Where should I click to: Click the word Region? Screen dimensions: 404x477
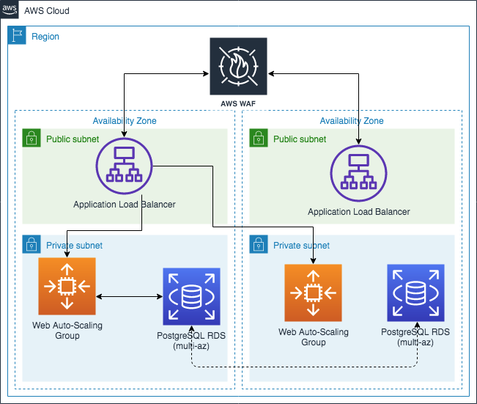tap(45, 36)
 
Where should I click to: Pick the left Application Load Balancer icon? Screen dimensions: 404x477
tap(124, 166)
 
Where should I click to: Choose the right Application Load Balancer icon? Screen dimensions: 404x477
tap(358, 175)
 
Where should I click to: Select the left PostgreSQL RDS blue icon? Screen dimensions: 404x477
tap(191, 295)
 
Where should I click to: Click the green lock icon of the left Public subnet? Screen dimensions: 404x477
tap(32, 138)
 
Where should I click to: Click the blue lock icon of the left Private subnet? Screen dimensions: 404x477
tap(32, 244)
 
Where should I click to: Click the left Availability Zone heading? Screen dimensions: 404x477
tap(125, 121)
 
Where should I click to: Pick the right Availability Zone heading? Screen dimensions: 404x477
tap(352, 121)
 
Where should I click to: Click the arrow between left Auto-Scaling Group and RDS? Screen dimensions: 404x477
tap(129, 296)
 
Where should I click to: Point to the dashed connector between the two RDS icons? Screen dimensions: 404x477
tap(304, 366)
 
